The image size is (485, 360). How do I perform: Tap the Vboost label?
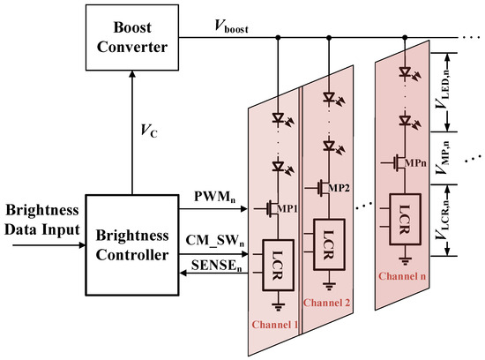point(227,28)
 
